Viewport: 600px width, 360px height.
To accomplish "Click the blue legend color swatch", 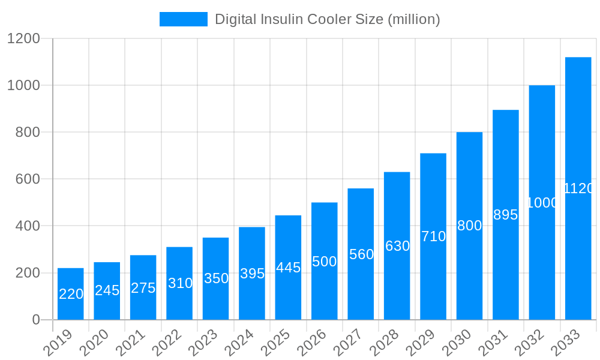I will [183, 19].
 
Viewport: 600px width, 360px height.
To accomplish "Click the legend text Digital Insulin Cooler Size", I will [327, 19].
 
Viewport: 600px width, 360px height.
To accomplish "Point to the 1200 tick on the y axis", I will [23, 39].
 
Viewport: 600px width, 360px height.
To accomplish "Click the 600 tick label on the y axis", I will [28, 179].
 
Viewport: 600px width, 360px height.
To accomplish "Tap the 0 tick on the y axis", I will [36, 320].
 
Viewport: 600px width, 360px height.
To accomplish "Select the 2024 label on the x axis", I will [239, 343].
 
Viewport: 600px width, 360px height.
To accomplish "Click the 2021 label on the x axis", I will [131, 343].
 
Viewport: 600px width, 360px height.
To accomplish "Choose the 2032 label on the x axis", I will [529, 343].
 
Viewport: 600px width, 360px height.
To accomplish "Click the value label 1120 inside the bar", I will [578, 188].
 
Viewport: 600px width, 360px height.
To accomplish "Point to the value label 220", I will [71, 294].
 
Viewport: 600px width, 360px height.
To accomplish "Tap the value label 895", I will [505, 215].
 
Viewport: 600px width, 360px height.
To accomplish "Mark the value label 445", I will [288, 268].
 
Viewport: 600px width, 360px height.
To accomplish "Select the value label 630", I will [397, 246].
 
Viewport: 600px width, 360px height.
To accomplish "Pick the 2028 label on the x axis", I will [385, 343].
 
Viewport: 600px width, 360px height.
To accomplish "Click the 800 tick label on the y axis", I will [28, 133].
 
